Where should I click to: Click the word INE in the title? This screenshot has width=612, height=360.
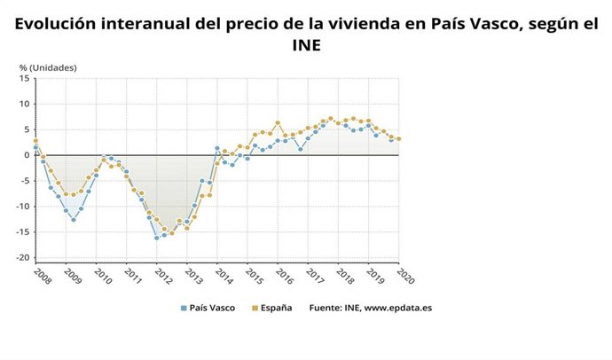pyautogui.click(x=306, y=43)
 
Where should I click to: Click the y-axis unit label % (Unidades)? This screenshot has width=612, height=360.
pyautogui.click(x=48, y=67)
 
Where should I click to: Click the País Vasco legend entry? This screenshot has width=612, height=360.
pyautogui.click(x=210, y=309)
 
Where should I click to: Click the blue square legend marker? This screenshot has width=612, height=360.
pyautogui.click(x=183, y=309)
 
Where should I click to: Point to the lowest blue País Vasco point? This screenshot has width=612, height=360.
pyautogui.click(x=156, y=238)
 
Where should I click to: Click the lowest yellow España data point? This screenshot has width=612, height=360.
pyautogui.click(x=171, y=233)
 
